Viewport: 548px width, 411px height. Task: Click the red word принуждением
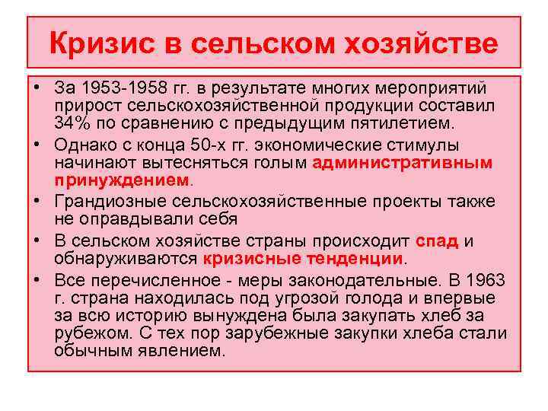121,180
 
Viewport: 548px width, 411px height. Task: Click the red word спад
437,241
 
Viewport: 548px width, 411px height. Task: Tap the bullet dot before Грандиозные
37,202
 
